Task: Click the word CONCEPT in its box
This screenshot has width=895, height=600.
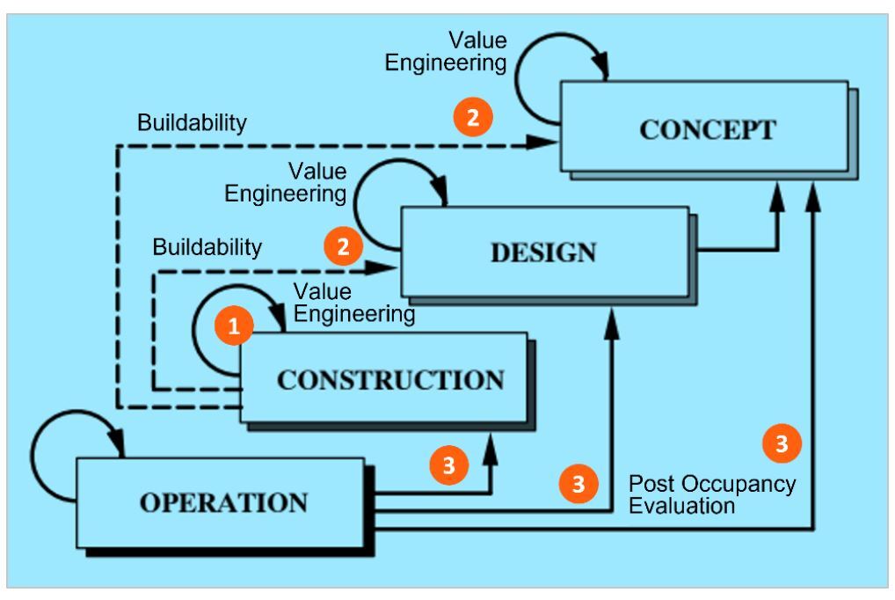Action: [x=707, y=130]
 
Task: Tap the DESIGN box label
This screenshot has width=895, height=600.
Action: [x=542, y=252]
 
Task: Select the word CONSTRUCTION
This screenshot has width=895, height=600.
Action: [x=390, y=380]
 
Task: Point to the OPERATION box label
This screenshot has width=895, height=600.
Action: [x=224, y=503]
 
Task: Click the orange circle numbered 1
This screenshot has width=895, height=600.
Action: [x=234, y=326]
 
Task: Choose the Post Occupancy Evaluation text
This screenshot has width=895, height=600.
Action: [x=711, y=494]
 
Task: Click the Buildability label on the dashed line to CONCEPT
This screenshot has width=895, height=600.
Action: [x=192, y=123]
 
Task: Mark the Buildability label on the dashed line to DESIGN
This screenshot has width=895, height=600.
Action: [x=207, y=247]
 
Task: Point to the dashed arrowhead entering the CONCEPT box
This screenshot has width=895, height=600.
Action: [x=548, y=143]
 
